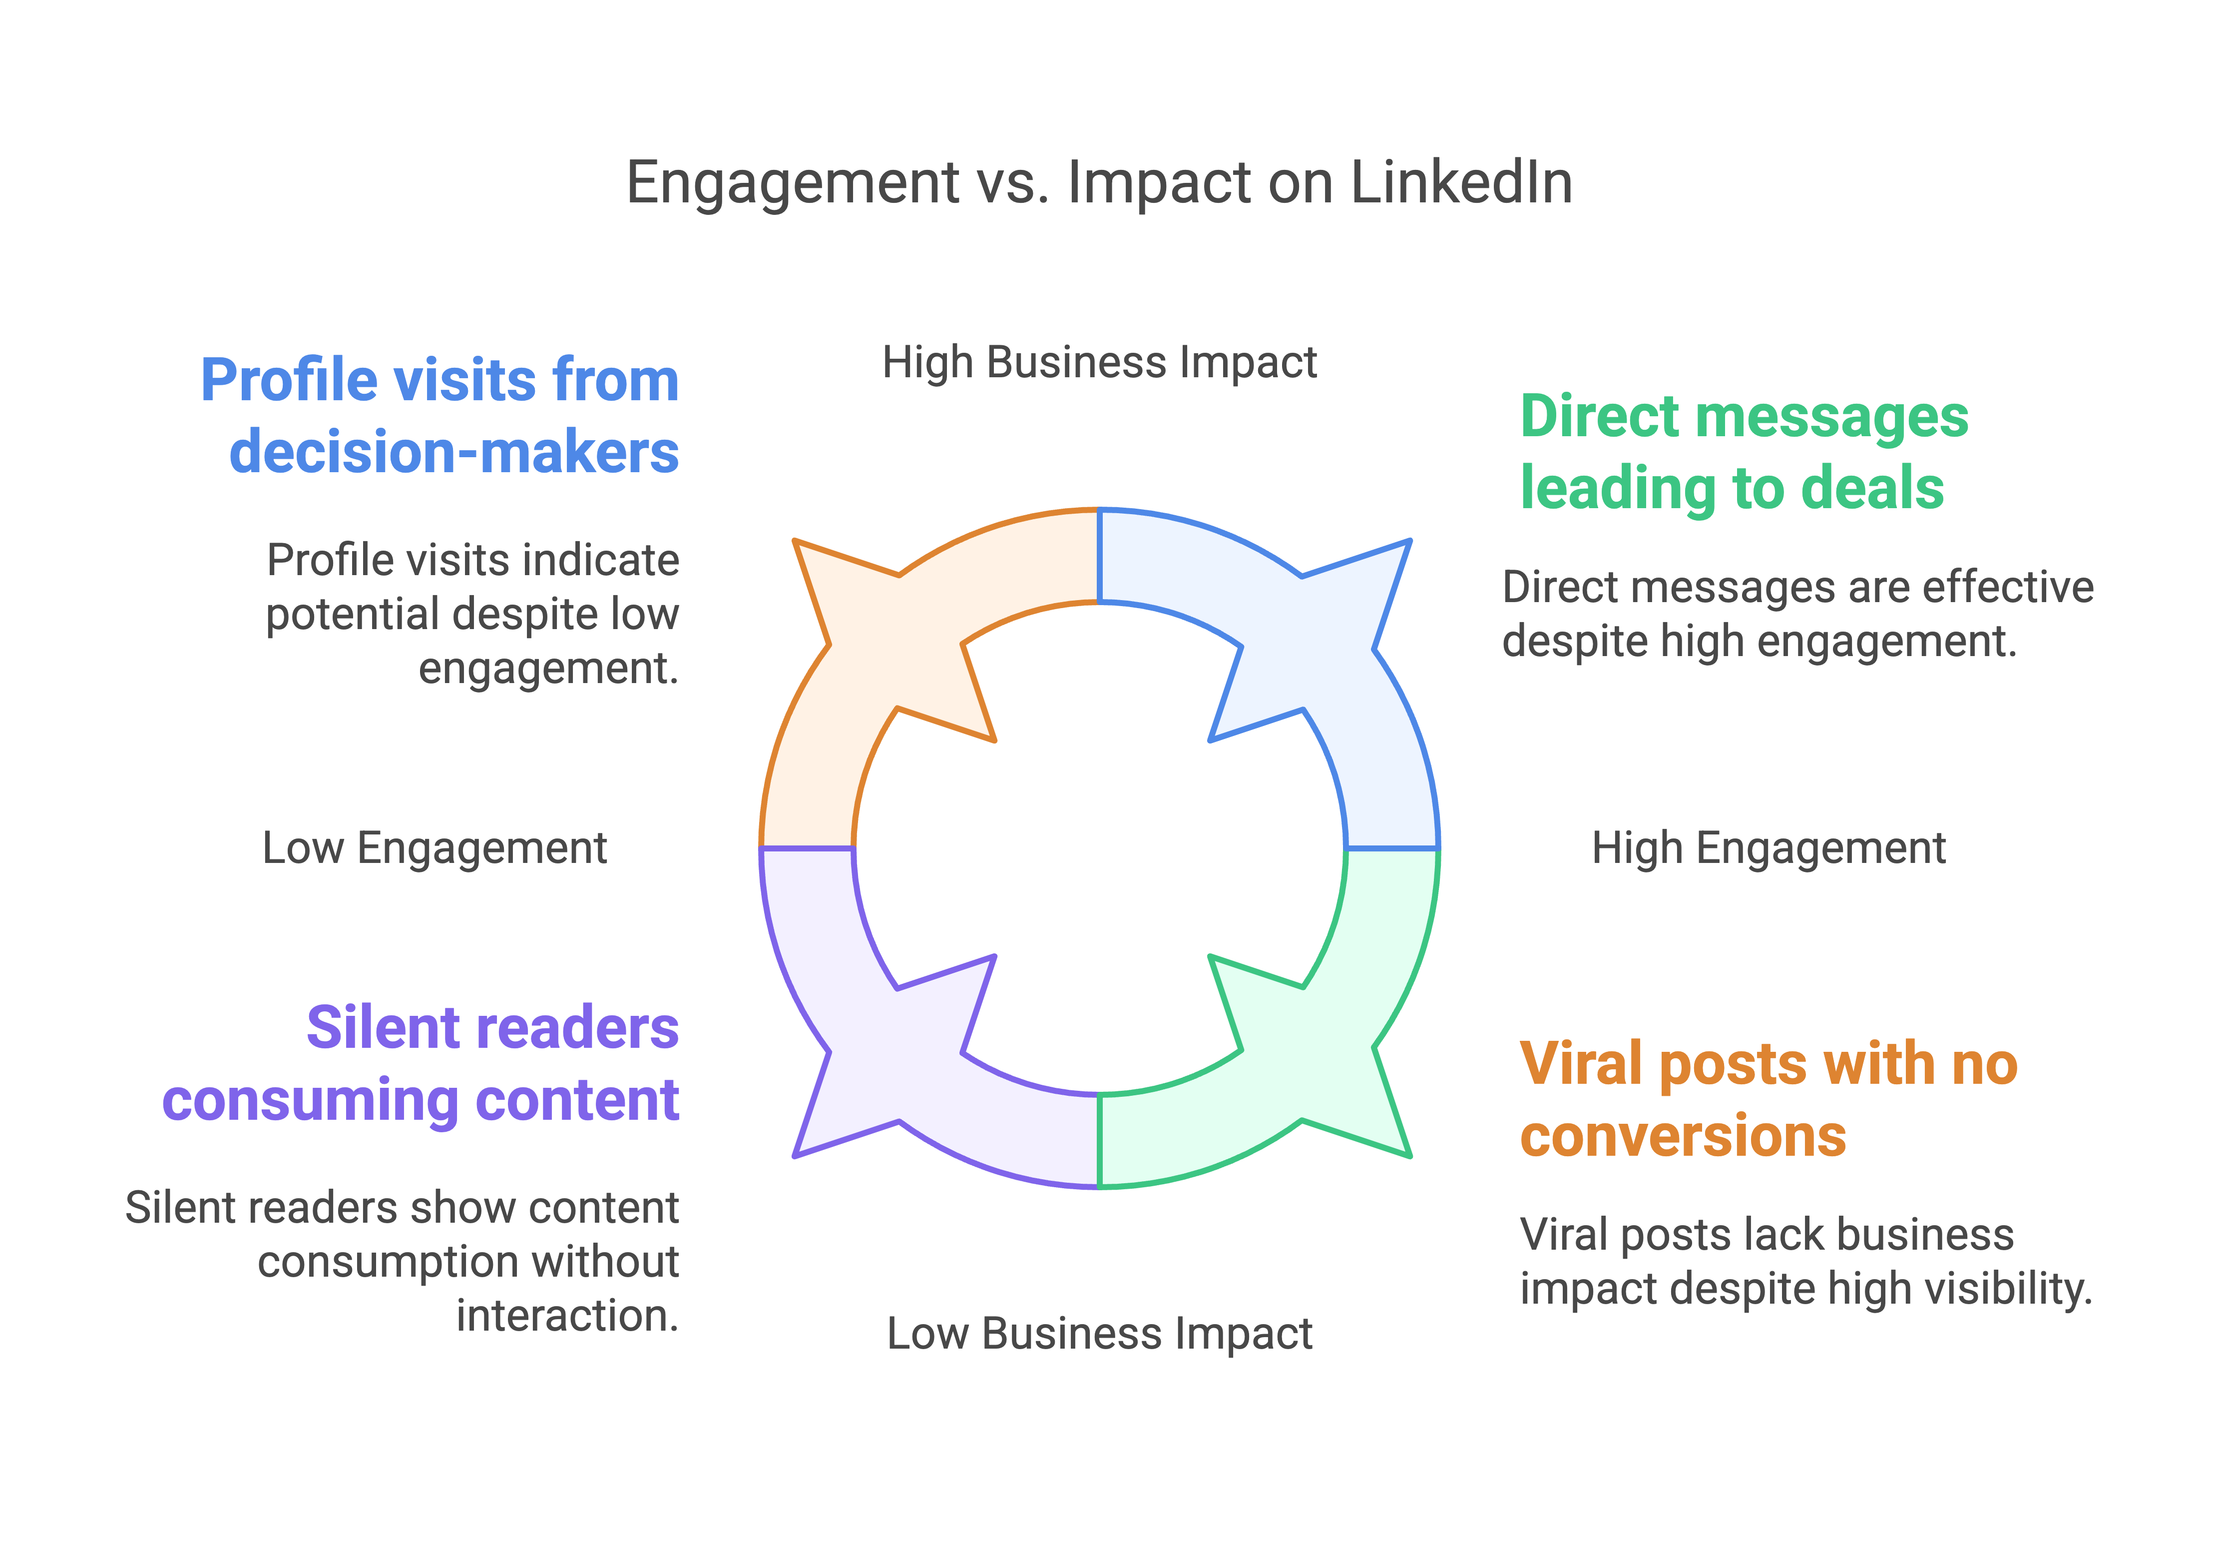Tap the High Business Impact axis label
pyautogui.click(x=1099, y=363)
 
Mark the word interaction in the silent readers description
pyautogui.click(x=568, y=1316)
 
